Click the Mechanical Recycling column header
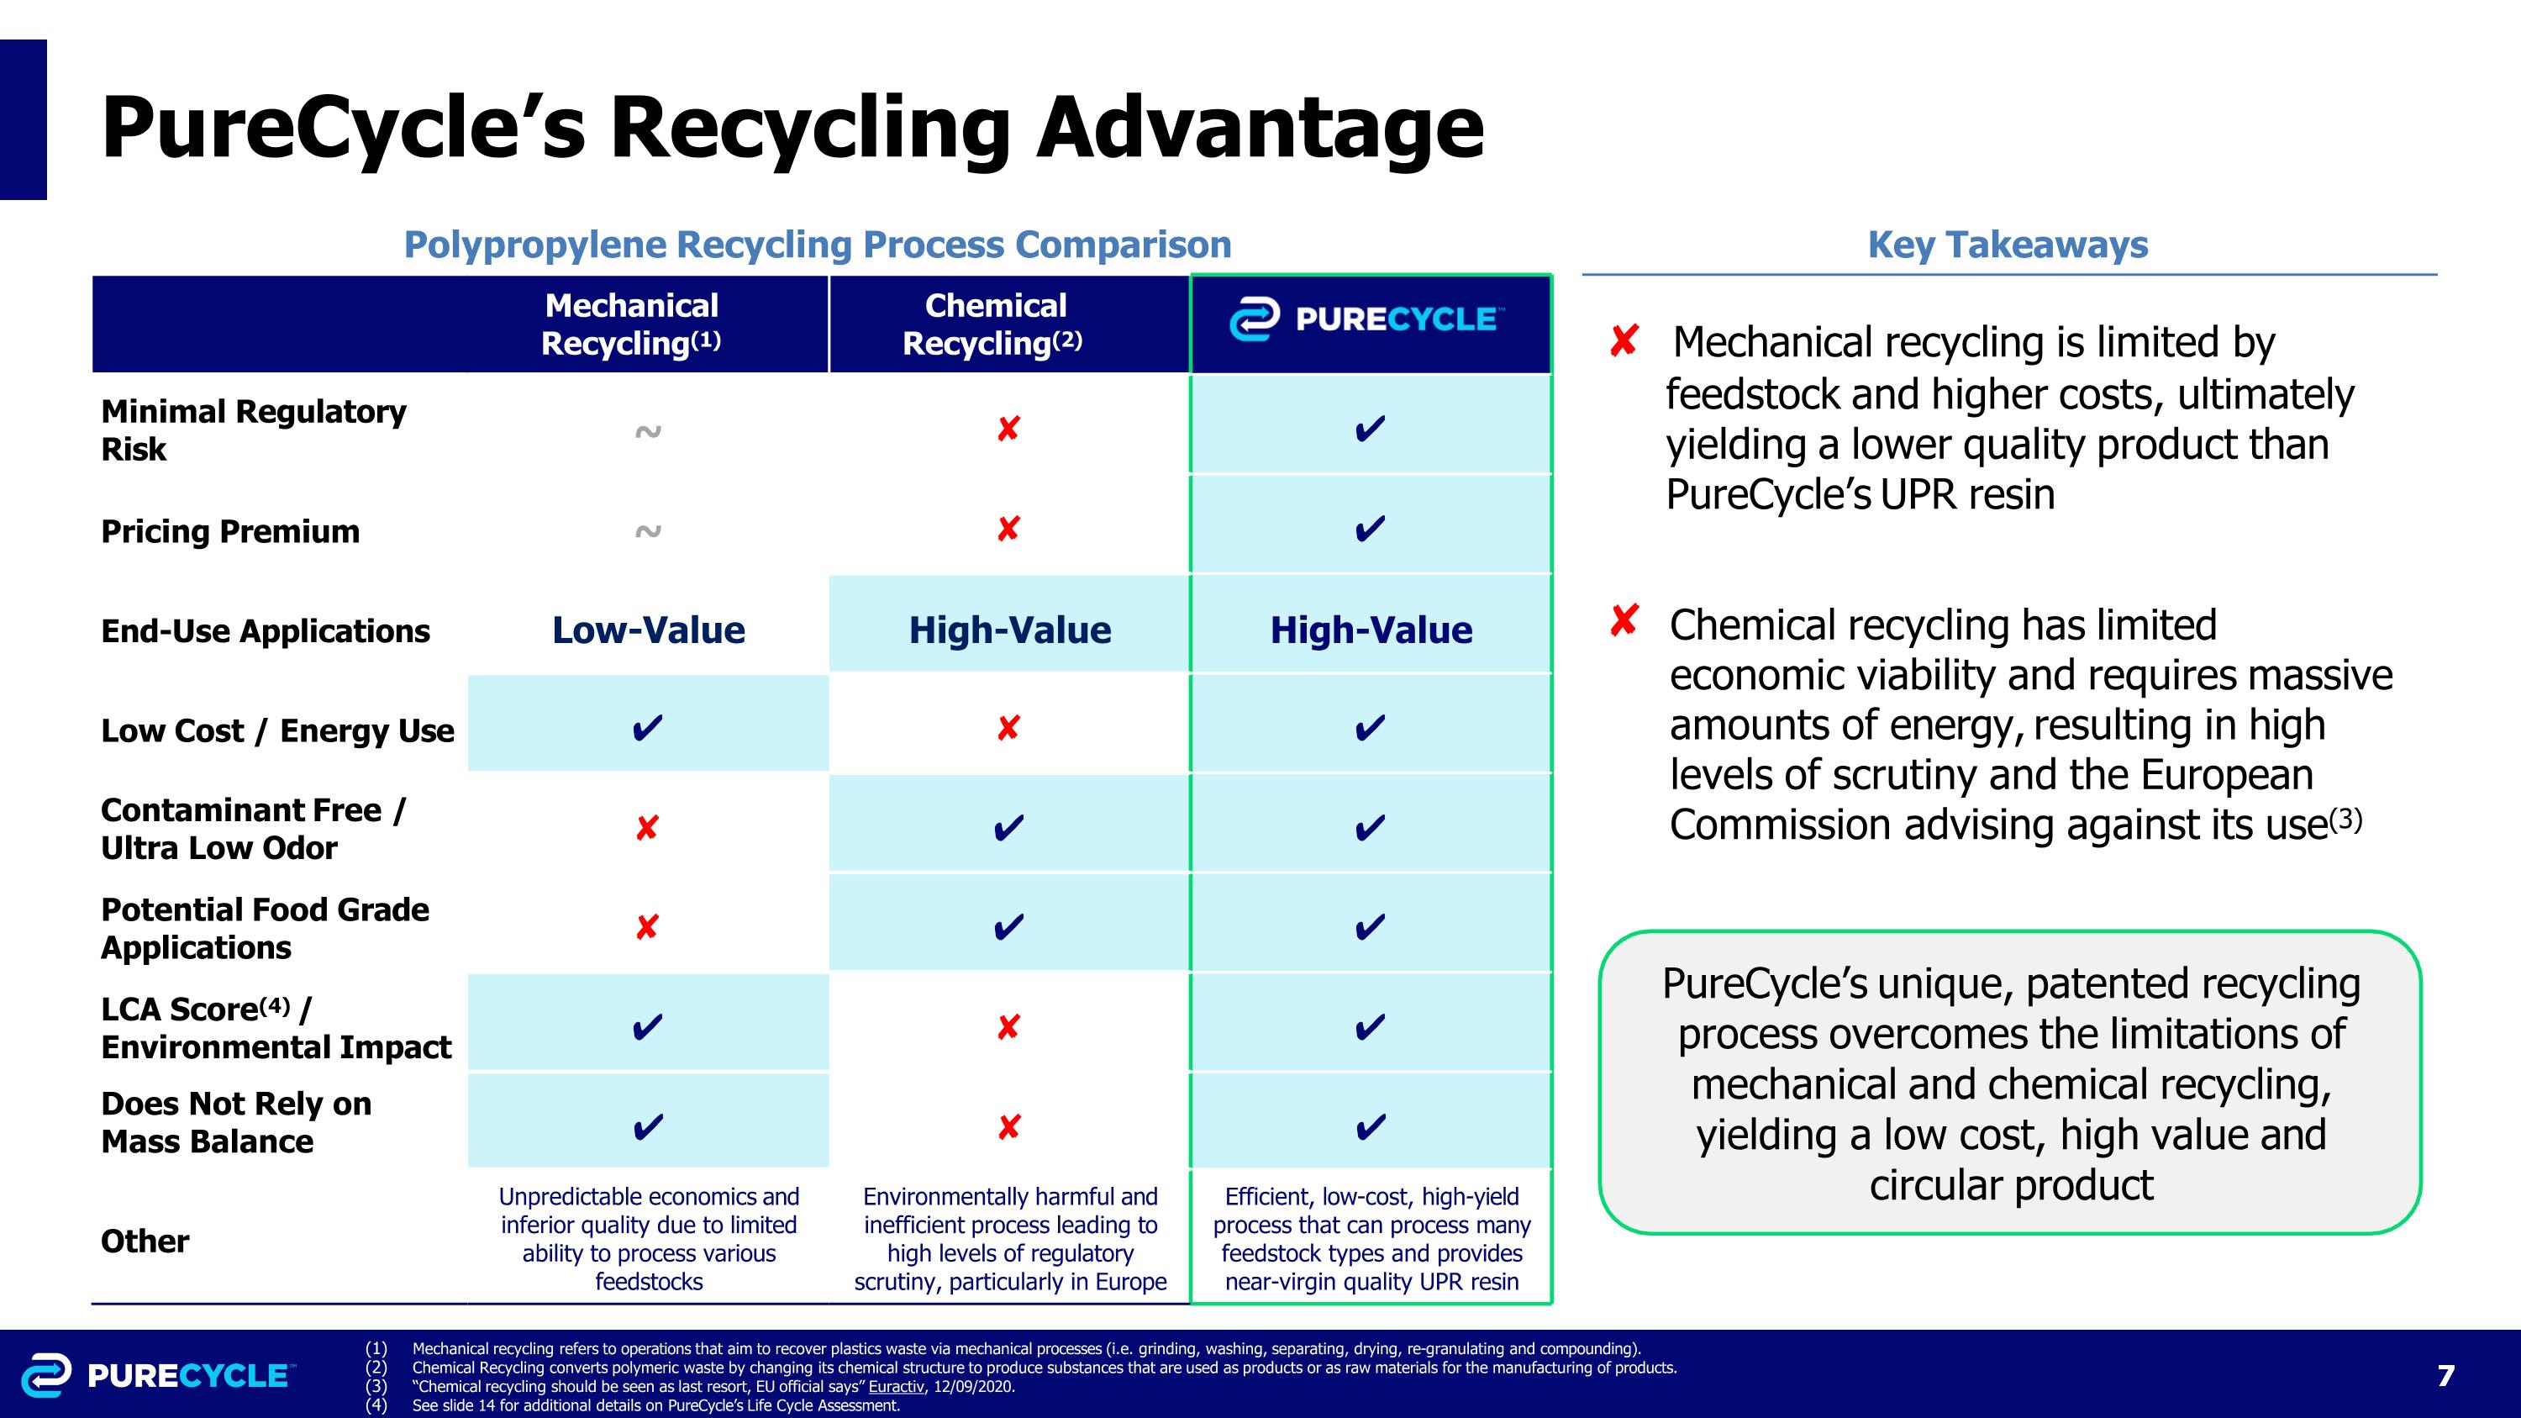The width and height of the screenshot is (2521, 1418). pyautogui.click(x=631, y=324)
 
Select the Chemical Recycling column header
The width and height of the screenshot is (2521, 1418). pyautogui.click(x=993, y=324)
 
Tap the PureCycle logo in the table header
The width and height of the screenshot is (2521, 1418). pyautogui.click(x=1367, y=320)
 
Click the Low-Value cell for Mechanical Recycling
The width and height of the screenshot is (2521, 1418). pyautogui.click(x=648, y=630)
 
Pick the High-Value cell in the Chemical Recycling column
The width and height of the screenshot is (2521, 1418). pyautogui.click(x=1009, y=630)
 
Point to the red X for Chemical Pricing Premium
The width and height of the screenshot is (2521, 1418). pyautogui.click(x=1008, y=530)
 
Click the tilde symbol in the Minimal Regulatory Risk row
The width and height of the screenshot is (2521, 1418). pyautogui.click(x=648, y=431)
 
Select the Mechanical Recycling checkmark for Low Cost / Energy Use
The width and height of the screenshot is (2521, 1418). pyautogui.click(x=647, y=728)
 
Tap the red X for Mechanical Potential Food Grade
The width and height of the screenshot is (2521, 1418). pyautogui.click(x=647, y=927)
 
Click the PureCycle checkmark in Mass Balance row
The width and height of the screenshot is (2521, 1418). pyautogui.click(x=1370, y=1126)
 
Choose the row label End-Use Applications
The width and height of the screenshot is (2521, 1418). pyautogui.click(x=266, y=631)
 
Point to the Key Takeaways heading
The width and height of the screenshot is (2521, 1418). pyautogui.click(x=2008, y=245)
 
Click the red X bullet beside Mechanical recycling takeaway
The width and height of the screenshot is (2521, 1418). pyautogui.click(x=1623, y=341)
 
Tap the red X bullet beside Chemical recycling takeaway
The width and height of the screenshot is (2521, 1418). pyautogui.click(x=1623, y=620)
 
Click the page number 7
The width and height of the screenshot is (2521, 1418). pyautogui.click(x=2445, y=1376)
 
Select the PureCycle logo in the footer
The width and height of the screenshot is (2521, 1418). pyautogui.click(x=156, y=1375)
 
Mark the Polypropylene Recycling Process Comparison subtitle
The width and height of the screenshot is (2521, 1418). pyautogui.click(x=817, y=245)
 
